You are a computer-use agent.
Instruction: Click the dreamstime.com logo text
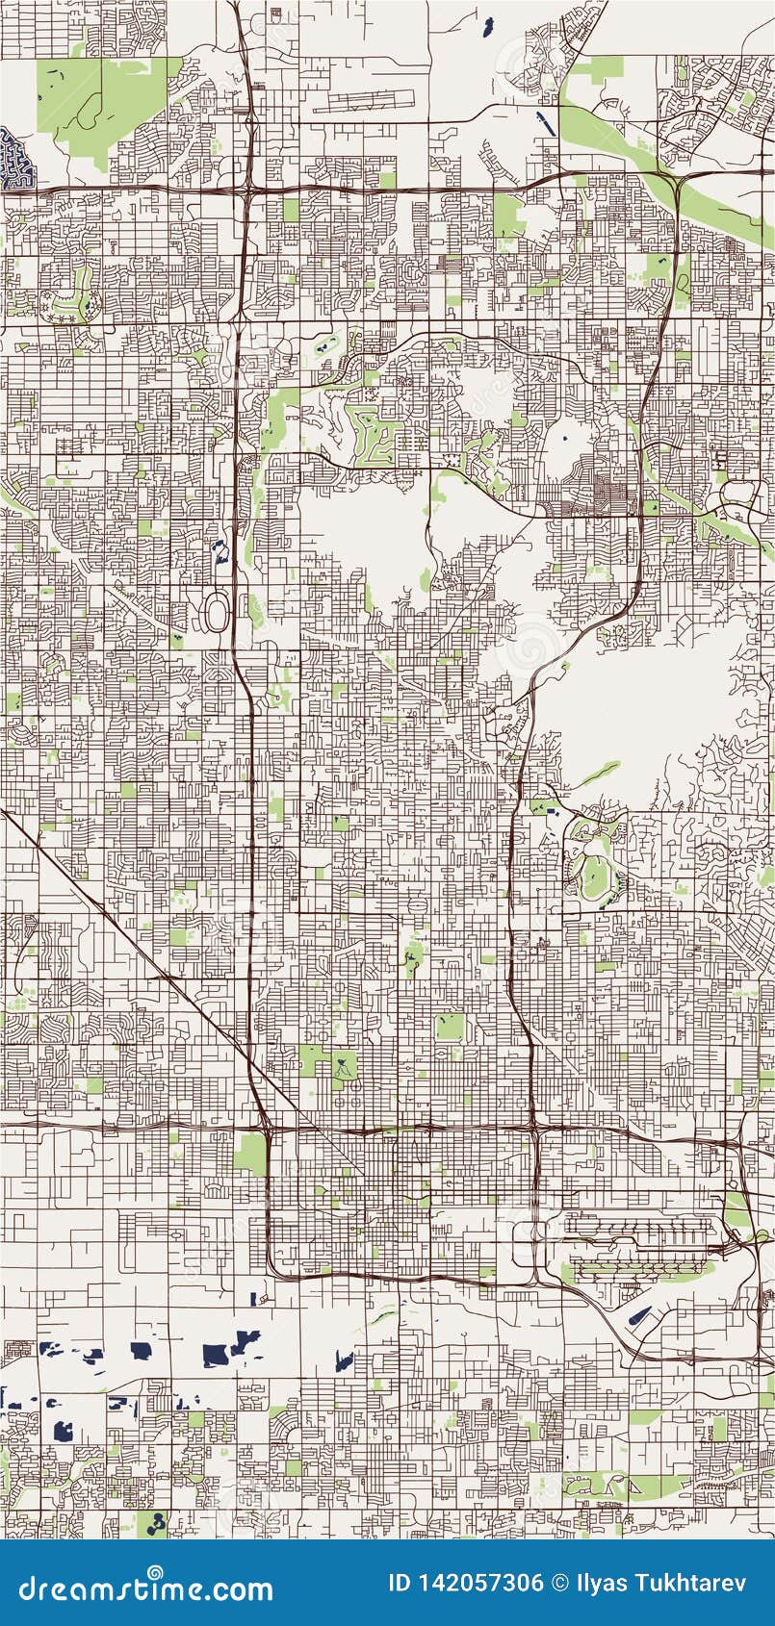pos(146,1588)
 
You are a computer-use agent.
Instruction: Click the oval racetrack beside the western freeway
pos(218,612)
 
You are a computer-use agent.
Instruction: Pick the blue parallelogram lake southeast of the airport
pos(638,1316)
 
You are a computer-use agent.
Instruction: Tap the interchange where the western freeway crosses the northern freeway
pos(248,189)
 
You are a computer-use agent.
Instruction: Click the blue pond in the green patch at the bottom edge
pos(153,1522)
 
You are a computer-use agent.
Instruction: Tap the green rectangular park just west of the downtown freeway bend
pos(249,1153)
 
